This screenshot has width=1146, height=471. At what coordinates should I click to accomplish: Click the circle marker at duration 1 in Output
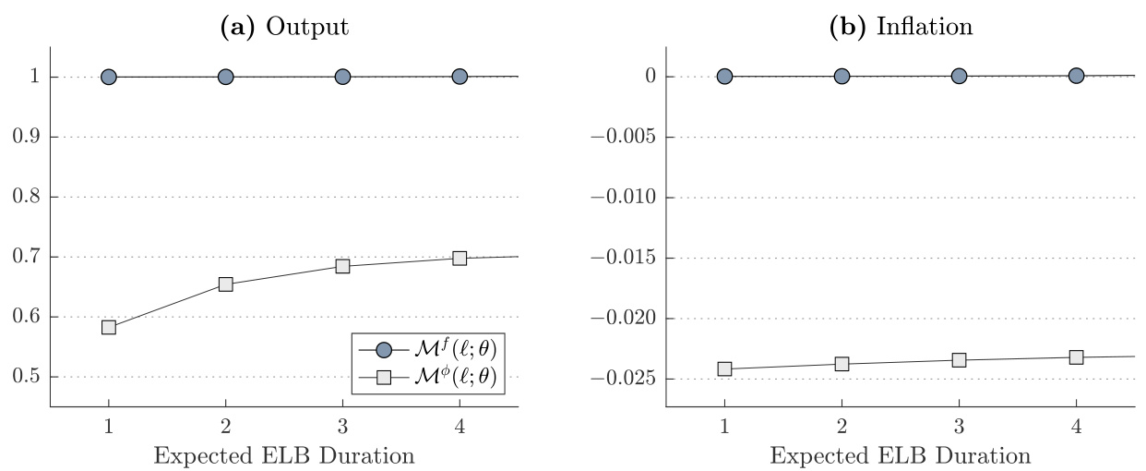pos(109,77)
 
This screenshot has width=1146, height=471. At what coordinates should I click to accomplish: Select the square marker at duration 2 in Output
pos(225,284)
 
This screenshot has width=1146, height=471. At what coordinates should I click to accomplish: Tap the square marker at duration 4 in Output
pos(460,258)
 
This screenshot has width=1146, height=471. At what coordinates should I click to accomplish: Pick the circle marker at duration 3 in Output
pos(342,77)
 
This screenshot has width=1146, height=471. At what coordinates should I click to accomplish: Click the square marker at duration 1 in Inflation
pos(724,368)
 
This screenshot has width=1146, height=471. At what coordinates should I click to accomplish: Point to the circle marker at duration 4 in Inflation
pos(1076,76)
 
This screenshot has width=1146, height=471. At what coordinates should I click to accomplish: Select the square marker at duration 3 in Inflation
pos(959,359)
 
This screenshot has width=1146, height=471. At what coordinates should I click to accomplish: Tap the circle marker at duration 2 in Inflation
pos(842,77)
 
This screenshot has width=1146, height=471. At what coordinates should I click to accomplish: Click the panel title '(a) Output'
pos(283,26)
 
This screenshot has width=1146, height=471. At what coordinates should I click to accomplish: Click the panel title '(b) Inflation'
pos(901,26)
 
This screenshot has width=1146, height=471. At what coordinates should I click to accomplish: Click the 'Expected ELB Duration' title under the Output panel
pos(283,455)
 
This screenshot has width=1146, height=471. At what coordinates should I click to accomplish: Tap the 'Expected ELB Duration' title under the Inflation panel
pos(901,455)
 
